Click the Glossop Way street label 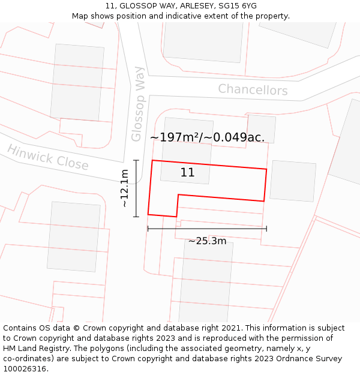point(138,104)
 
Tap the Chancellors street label point(253,90)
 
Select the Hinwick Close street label point(48,157)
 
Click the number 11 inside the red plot point(187,173)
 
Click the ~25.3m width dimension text point(207,241)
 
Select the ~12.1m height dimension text point(125,188)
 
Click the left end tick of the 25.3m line point(148,229)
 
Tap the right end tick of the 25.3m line point(266,229)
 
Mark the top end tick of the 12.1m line point(136,160)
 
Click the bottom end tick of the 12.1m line point(136,216)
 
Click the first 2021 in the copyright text point(231,328)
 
